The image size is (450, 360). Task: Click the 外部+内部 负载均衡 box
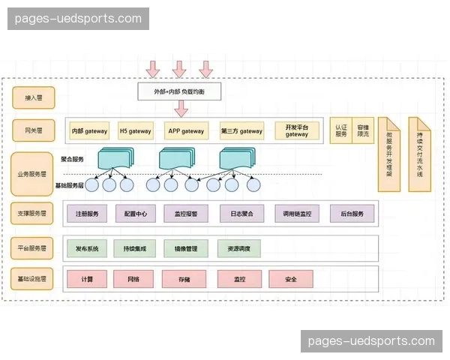178,91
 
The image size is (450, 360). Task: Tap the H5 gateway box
135,131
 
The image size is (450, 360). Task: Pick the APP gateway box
185,131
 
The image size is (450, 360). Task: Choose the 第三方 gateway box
241,131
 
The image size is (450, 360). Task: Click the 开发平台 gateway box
296,131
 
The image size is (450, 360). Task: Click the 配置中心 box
135,214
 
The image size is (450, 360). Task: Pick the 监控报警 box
185,214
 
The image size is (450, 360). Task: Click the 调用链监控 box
297,214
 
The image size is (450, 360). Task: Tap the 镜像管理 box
185,248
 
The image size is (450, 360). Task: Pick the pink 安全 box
291,279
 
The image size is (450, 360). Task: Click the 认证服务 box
341,131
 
